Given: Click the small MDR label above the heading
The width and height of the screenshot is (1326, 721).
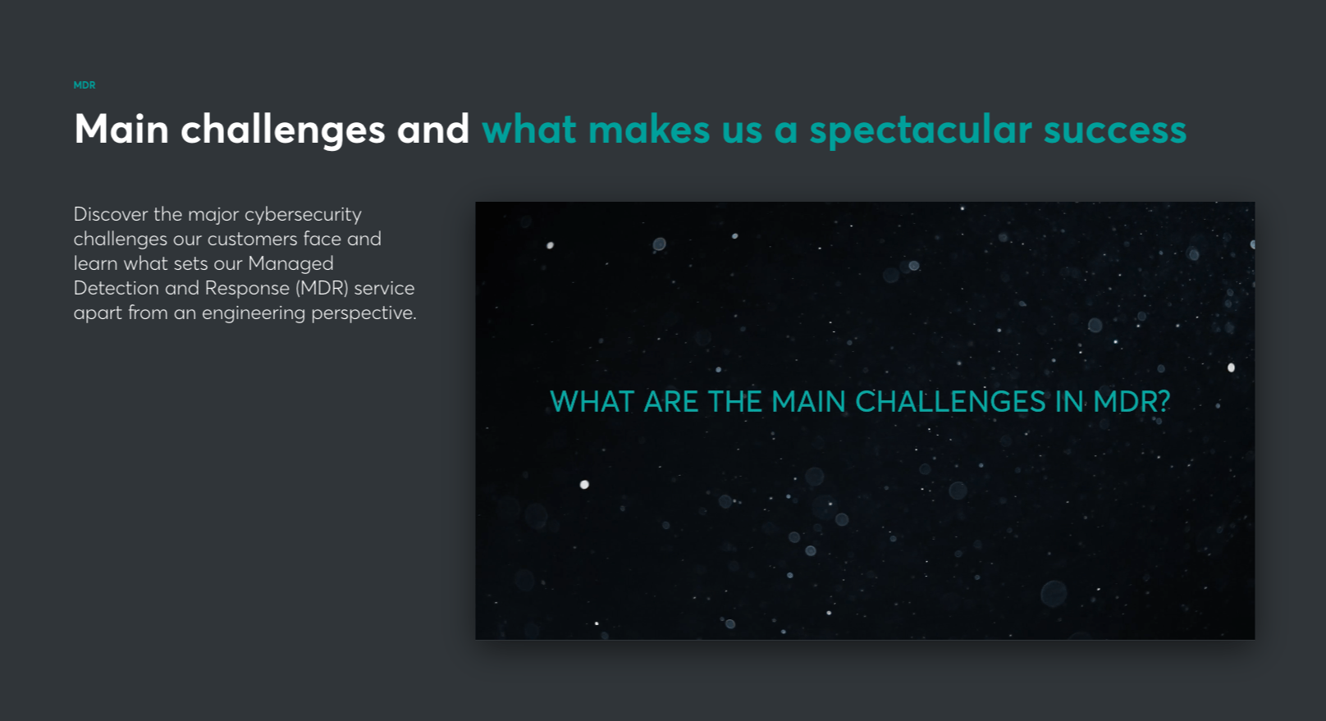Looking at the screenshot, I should [x=85, y=85].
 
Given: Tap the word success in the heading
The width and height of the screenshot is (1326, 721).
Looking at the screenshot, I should [x=1115, y=130].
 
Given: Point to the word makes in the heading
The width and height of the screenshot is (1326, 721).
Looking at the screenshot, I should [x=649, y=130].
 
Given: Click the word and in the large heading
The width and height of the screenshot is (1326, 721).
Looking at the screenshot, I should [x=433, y=130].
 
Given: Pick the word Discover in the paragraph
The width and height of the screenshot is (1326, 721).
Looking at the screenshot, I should [x=111, y=214].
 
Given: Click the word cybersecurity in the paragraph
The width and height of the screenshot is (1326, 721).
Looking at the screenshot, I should [x=303, y=215].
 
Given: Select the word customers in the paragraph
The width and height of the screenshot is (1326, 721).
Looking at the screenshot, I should [x=252, y=239].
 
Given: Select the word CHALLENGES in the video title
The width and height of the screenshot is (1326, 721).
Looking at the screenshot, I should [x=950, y=402].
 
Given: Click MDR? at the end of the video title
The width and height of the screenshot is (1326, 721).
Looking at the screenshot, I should [x=1132, y=402].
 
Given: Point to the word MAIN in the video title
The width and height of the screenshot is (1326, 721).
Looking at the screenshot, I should [x=808, y=402].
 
